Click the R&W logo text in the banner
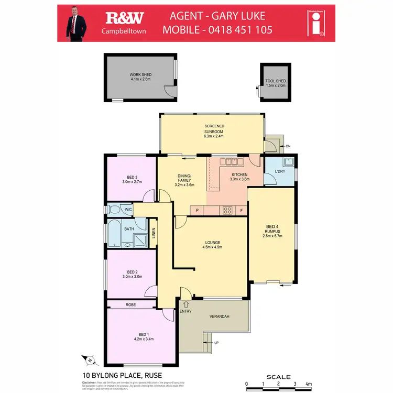point(125,18)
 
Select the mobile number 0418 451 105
point(244,29)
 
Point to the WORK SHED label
point(140,75)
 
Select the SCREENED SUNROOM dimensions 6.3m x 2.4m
point(214,136)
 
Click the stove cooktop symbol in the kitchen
point(228,210)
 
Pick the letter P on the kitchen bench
point(197,211)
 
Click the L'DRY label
point(280,171)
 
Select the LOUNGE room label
point(212,242)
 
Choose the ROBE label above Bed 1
point(131,304)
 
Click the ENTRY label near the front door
point(185,311)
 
